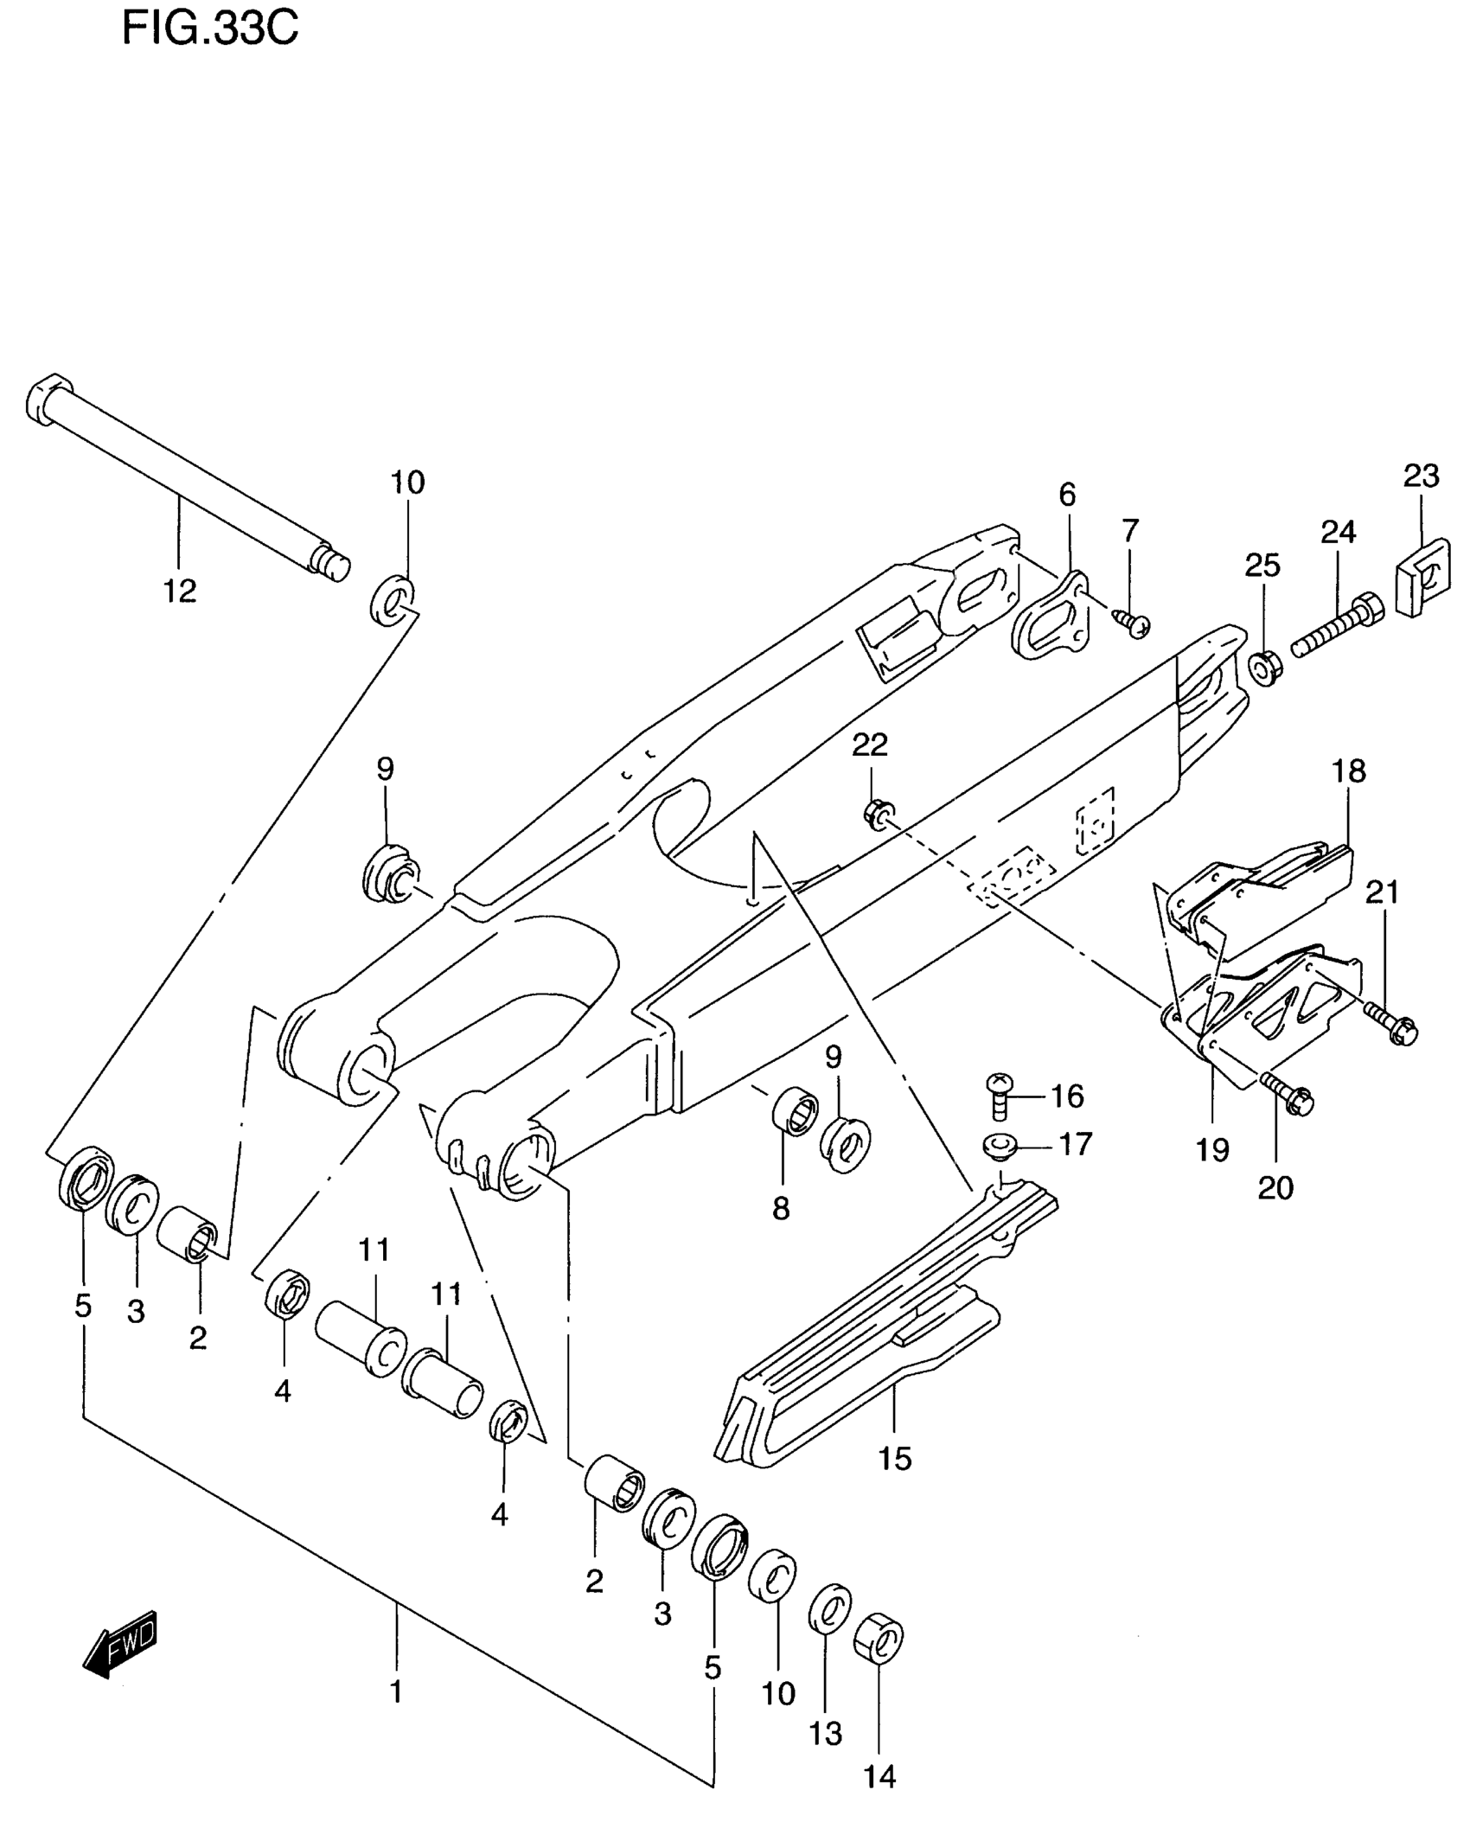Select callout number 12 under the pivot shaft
[x=181, y=591]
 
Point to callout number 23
[x=1421, y=476]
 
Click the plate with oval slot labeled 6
[x=1048, y=615]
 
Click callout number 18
[x=1348, y=770]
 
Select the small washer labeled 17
[x=1000, y=1148]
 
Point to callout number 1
[x=396, y=1691]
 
